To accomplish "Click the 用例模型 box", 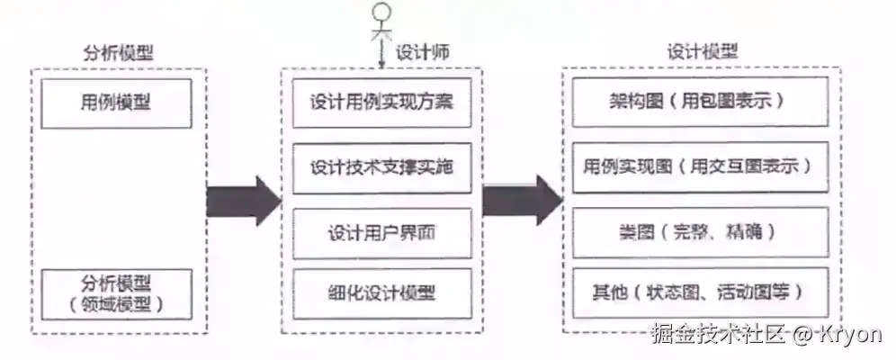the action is click(116, 103).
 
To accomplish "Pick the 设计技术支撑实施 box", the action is click(382, 167).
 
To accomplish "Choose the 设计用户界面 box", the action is click(382, 232).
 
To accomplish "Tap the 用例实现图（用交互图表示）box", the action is click(696, 167).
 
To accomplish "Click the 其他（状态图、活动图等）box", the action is click(696, 292).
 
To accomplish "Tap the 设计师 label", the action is click(421, 53).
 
